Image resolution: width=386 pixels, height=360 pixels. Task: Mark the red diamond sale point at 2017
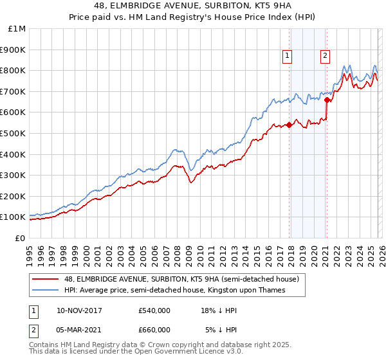(289, 125)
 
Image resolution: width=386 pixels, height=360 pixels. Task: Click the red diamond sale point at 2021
(327, 100)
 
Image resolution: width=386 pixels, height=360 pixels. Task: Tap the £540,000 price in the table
(154, 310)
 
